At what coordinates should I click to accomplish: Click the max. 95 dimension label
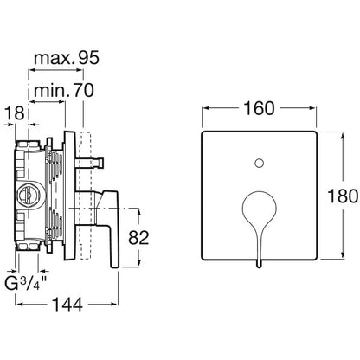(x=67, y=58)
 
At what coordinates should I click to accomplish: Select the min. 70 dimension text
(x=64, y=90)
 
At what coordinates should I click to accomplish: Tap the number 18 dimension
(x=15, y=113)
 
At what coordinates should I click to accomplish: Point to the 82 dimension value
(x=138, y=238)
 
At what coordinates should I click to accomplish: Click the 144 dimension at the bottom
(x=67, y=305)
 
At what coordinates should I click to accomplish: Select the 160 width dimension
(x=259, y=108)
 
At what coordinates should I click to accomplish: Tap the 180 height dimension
(x=343, y=196)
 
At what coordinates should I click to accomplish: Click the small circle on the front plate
(x=260, y=164)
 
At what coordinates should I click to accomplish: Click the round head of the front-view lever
(x=260, y=207)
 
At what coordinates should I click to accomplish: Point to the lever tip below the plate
(x=259, y=265)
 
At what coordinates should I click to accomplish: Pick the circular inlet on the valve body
(x=29, y=196)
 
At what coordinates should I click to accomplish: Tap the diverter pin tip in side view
(x=100, y=163)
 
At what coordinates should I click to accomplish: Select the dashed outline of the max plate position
(x=86, y=196)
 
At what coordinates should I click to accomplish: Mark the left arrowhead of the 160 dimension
(x=205, y=108)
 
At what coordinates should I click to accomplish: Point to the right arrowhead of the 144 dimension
(x=114, y=305)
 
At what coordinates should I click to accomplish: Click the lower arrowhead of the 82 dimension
(x=138, y=262)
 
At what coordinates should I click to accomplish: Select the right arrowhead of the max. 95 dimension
(x=80, y=70)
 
